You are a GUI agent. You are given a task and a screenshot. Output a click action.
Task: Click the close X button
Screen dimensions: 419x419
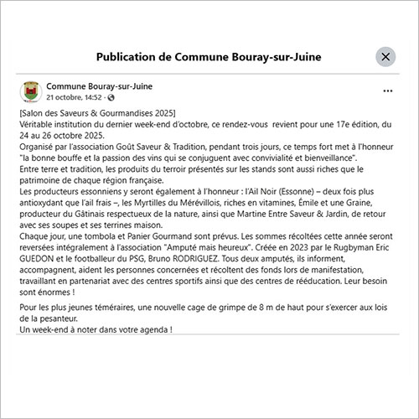coord(385,57)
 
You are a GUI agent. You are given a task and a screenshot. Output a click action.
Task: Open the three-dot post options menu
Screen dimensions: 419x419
coord(387,90)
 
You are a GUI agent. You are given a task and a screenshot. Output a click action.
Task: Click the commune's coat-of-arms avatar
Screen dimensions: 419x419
coord(30,91)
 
